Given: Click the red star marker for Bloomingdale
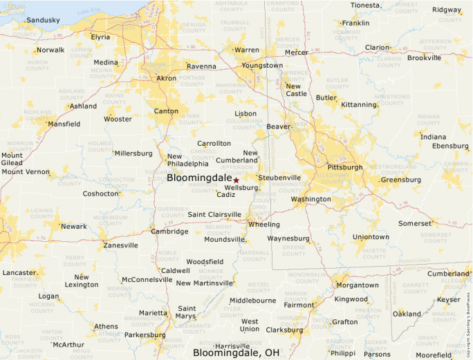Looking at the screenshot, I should point(236,180).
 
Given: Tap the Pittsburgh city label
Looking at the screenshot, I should point(344,167).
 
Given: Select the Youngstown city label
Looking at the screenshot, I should point(263,66).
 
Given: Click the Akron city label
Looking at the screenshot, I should point(167,78).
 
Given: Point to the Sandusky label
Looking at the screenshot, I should point(43,20).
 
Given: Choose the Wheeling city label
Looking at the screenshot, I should point(264,225).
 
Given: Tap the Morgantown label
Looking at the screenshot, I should point(358,285).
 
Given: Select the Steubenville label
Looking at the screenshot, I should point(280,178).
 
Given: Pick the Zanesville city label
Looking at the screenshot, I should point(120,245).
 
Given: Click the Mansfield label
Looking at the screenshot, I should point(64,124).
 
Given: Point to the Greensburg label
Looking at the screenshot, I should point(401,180).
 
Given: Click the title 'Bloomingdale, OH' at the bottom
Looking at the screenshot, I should point(236,353).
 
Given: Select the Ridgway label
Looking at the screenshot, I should point(447,10).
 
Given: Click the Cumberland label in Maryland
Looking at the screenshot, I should point(447,274).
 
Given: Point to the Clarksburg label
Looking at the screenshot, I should point(284,330).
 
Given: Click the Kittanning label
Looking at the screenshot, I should point(359,105).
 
